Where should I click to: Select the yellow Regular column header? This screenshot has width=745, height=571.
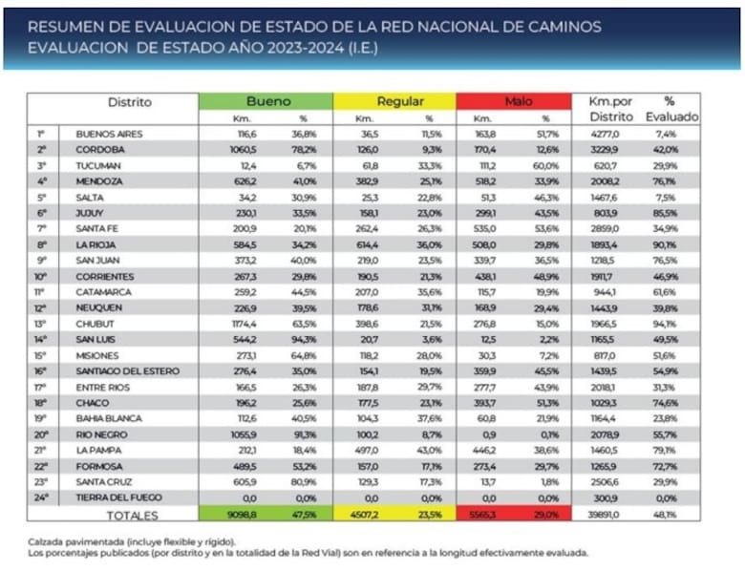(x=394, y=101)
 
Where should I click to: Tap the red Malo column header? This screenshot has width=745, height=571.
(x=518, y=101)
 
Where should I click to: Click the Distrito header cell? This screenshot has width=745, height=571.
(x=129, y=102)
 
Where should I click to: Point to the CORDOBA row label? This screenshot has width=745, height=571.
(x=100, y=149)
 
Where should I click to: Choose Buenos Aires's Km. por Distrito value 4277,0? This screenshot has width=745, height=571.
(x=607, y=134)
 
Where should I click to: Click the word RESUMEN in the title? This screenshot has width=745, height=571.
(x=66, y=27)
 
